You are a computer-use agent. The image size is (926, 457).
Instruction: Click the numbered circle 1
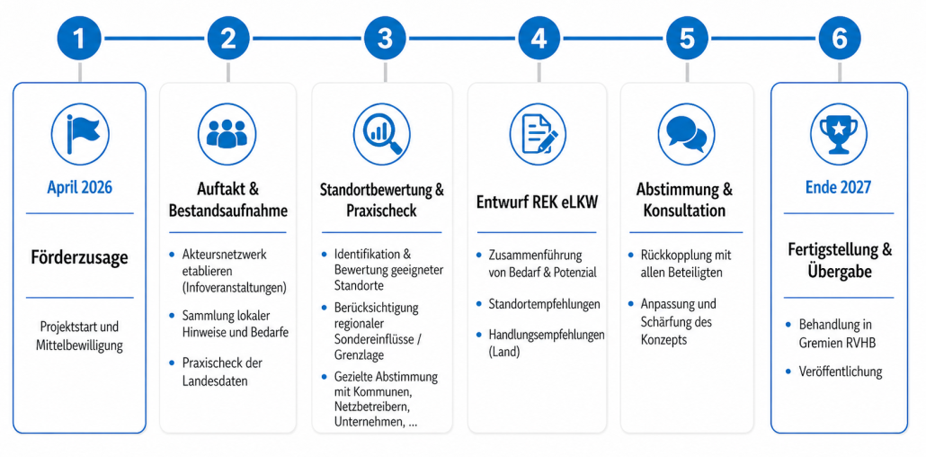(x=80, y=39)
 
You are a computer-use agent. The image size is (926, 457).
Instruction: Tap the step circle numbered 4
(x=539, y=39)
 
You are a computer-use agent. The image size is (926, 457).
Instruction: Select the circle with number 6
(x=839, y=39)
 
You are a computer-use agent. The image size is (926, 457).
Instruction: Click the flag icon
(x=80, y=134)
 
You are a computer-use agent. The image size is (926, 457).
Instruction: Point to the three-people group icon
(x=227, y=134)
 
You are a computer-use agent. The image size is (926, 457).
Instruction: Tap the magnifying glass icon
(x=382, y=134)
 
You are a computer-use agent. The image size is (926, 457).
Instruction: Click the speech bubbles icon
(x=687, y=134)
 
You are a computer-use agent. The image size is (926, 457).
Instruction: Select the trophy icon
(x=839, y=134)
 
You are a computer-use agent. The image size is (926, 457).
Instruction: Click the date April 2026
(x=80, y=188)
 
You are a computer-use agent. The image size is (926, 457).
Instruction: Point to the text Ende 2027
(x=839, y=188)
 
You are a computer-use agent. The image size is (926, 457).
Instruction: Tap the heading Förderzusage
(x=80, y=258)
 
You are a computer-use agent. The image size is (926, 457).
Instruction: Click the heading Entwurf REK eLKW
(x=538, y=202)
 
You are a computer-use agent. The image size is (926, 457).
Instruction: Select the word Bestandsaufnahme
(x=228, y=211)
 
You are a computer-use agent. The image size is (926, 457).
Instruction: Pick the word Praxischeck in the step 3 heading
(x=382, y=211)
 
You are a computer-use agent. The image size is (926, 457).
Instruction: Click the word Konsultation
(x=684, y=211)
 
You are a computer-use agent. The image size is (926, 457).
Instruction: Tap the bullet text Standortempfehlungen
(x=545, y=304)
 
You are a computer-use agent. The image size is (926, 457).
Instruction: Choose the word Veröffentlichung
(x=841, y=372)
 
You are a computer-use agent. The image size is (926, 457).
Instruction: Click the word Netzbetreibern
(x=372, y=408)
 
